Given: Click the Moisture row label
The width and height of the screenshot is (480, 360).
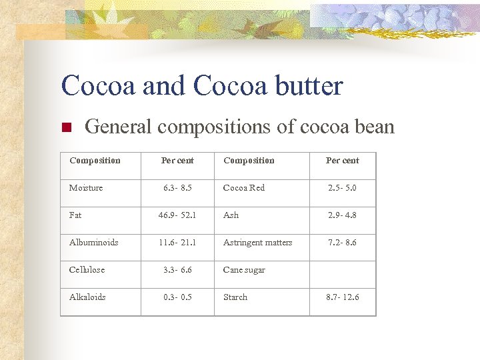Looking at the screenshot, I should pos(86,188).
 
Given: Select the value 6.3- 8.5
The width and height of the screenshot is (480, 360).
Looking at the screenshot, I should pos(177,188).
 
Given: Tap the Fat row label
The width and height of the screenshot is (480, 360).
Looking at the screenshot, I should pos(75,215).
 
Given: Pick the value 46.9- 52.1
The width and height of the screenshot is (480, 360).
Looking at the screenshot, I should pos(177,215).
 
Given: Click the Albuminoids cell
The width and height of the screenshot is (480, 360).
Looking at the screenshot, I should pos(94,243).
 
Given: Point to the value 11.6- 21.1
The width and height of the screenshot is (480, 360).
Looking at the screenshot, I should pos(177,243).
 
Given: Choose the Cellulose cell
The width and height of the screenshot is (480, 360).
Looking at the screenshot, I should pos(87,270).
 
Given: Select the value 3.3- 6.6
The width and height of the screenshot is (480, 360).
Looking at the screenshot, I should pos(177,270).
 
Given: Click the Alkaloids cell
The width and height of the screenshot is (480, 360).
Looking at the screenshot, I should pos(87,297).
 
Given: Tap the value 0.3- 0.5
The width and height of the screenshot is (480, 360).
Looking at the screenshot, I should pos(177,297).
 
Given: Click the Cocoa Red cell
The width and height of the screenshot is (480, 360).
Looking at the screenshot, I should pos(244,188).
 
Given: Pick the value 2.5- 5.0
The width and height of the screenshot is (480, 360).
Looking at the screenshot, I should pos(342,188).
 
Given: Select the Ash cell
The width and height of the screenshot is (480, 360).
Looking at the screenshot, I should pos(231,215).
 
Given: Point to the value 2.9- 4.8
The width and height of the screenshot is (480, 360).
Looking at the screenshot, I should pos(342,215).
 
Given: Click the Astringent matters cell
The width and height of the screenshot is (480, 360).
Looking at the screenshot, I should pos(258,243).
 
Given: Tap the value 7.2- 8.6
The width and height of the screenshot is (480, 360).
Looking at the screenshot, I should pos(342,243).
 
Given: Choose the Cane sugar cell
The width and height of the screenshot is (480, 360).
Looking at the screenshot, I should pos(244,270).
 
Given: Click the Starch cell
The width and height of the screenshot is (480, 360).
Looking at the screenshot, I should pos(235,297).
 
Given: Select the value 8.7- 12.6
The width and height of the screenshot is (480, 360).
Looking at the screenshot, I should pos(342,297).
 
